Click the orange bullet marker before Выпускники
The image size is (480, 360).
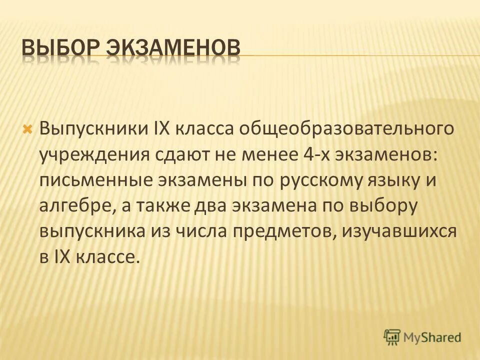[28, 129]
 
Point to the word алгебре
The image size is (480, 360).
[76, 206]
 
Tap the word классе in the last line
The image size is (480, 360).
[105, 258]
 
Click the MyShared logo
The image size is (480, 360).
[422, 336]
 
